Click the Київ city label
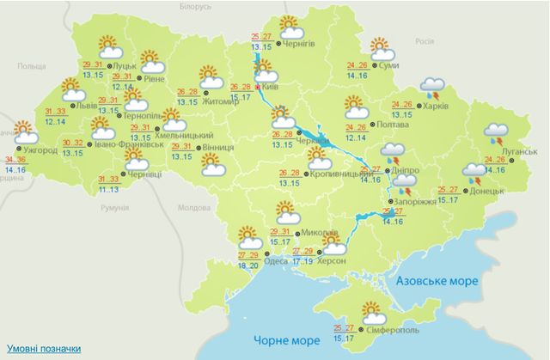tap(268, 88)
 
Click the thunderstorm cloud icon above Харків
tap(431, 88)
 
